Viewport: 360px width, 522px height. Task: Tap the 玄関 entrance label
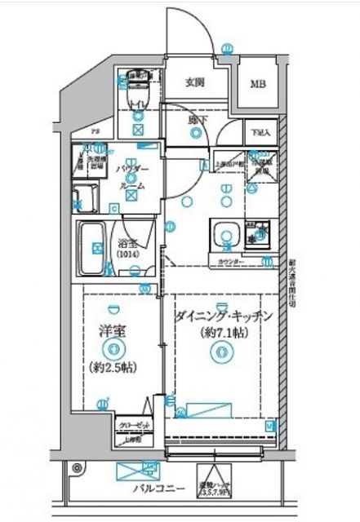(x=194, y=82)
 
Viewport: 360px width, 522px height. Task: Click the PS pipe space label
(x=95, y=130)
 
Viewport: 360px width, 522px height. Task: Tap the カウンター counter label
(x=232, y=262)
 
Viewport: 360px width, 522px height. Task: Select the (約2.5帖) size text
(x=113, y=366)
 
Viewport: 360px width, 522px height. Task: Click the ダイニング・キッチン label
(x=223, y=316)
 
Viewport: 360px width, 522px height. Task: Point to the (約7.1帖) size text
(x=220, y=333)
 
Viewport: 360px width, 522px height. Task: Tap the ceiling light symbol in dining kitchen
(x=218, y=353)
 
